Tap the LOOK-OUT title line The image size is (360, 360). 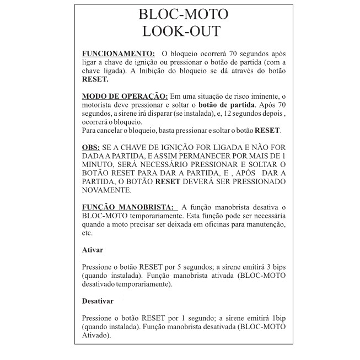[181, 31]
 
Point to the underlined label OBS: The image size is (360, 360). [91, 149]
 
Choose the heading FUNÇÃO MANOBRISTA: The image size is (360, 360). [127, 207]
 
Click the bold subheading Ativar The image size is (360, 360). [92, 250]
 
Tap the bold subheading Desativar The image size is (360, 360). [98, 301]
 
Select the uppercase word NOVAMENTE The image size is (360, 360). [106, 190]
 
